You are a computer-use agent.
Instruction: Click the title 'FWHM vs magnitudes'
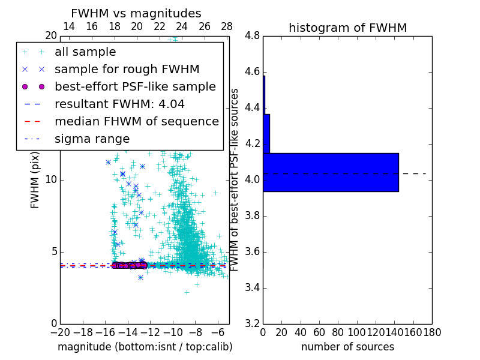[136, 14]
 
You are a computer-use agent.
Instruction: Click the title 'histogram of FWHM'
[347, 28]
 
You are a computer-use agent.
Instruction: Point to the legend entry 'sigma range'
[92, 139]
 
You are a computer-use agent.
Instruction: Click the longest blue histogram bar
[331, 172]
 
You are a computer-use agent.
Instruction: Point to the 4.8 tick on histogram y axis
[252, 36]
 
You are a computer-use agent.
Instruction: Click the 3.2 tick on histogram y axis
[252, 323]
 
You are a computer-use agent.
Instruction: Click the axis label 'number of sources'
[347, 347]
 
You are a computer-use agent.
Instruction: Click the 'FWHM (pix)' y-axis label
[35, 179]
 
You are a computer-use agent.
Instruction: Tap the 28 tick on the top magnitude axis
[227, 26]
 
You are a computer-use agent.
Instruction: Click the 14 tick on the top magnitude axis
[69, 26]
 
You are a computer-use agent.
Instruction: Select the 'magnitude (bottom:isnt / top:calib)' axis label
[145, 347]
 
